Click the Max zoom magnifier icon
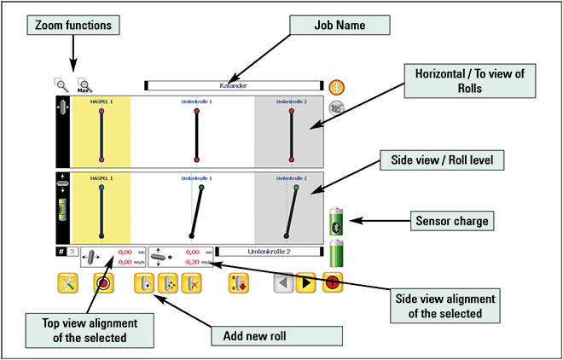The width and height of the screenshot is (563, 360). click(x=84, y=85)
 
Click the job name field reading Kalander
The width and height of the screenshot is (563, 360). click(x=234, y=86)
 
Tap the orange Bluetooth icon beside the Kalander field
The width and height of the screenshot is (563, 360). click(x=337, y=86)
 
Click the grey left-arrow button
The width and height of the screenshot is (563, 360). click(x=283, y=284)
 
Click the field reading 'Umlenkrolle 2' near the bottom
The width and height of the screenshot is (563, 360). click(x=269, y=252)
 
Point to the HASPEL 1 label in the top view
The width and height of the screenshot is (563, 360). click(x=102, y=102)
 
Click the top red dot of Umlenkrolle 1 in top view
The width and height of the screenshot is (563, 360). click(x=196, y=110)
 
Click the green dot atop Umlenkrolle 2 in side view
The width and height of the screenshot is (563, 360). click(x=295, y=187)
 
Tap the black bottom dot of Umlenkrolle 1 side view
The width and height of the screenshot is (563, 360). click(x=190, y=235)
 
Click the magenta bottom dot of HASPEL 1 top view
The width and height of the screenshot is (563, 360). click(x=102, y=159)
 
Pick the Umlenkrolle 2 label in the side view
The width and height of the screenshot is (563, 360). click(x=291, y=178)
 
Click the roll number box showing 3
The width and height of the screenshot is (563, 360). click(x=73, y=253)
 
